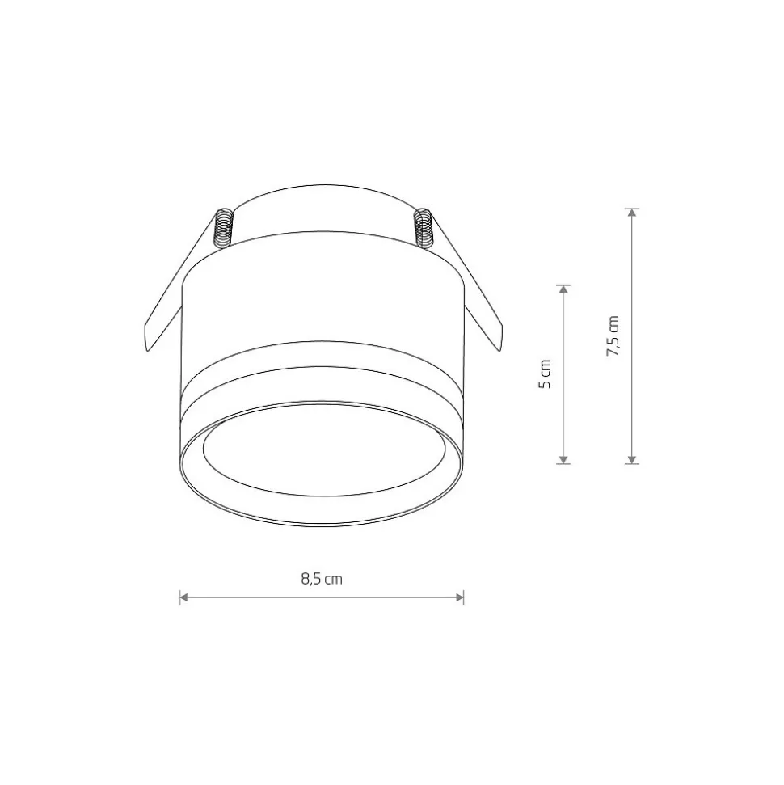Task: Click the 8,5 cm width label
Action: coord(322,579)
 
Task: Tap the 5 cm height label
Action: coord(545,374)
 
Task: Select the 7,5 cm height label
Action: coord(613,336)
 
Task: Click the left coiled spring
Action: coord(224,228)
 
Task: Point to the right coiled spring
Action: coord(424,228)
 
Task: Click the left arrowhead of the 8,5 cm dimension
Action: coord(183,597)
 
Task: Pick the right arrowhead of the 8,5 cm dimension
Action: coord(460,597)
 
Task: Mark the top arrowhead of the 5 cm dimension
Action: coord(563,289)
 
